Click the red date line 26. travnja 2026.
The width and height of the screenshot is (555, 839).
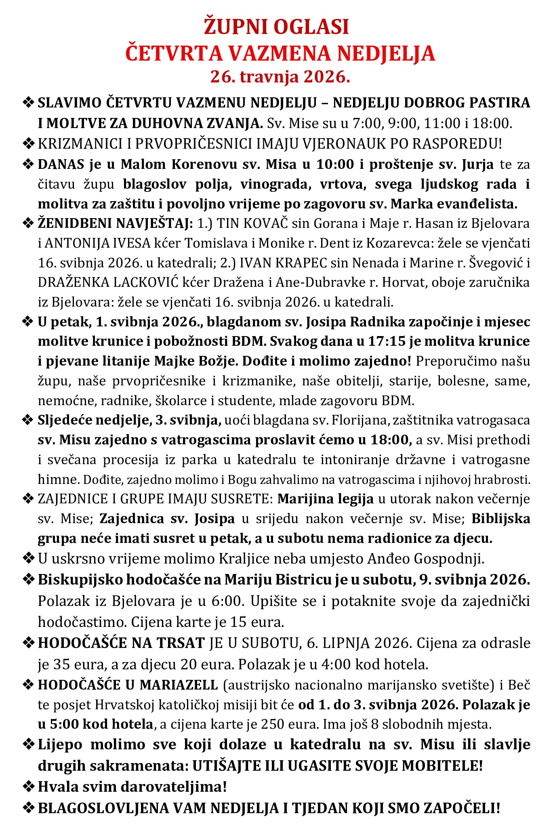click(x=280, y=76)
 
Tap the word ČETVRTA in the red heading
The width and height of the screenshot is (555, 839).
click(x=174, y=53)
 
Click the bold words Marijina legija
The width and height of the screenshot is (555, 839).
click(x=325, y=499)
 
